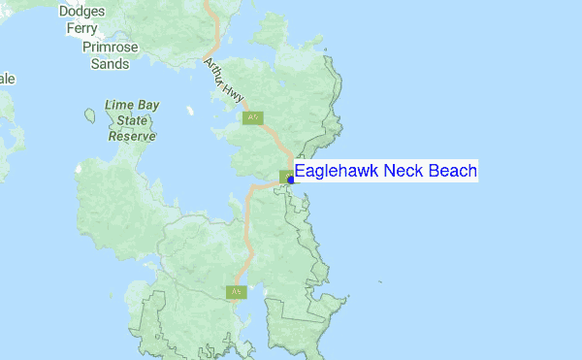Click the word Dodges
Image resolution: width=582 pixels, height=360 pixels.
[81, 12]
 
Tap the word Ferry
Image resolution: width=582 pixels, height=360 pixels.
[81, 28]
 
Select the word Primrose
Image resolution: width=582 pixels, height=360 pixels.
[111, 47]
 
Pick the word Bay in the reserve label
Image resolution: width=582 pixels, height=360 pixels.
[150, 105]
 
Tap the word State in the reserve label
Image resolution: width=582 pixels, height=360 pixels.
[133, 120]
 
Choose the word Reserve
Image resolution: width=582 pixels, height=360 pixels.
[132, 137]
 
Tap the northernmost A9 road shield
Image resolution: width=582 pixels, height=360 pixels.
[252, 117]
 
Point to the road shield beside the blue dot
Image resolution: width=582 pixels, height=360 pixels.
[285, 177]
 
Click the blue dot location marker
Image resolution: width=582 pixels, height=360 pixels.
[292, 180]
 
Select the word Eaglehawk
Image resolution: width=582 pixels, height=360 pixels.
[337, 172]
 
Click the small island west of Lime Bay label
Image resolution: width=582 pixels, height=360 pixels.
[90, 115]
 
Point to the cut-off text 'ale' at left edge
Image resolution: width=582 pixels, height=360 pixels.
[6, 80]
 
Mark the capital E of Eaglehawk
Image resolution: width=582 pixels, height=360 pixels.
[301, 172]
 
